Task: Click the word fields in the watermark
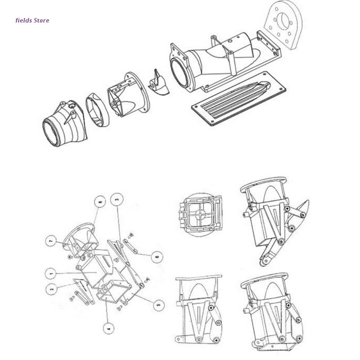click(24, 20)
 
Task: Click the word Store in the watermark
click(41, 20)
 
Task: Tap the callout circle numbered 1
click(51, 274)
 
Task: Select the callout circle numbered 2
click(52, 288)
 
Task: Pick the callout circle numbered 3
click(117, 199)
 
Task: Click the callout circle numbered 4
click(109, 328)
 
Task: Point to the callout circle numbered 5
click(159, 305)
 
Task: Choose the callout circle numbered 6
click(157, 256)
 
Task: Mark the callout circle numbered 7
click(51, 241)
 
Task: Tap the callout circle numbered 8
click(100, 202)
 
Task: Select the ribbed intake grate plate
click(239, 99)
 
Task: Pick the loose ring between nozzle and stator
click(98, 110)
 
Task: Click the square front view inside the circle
click(200, 215)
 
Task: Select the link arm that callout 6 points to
click(130, 246)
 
